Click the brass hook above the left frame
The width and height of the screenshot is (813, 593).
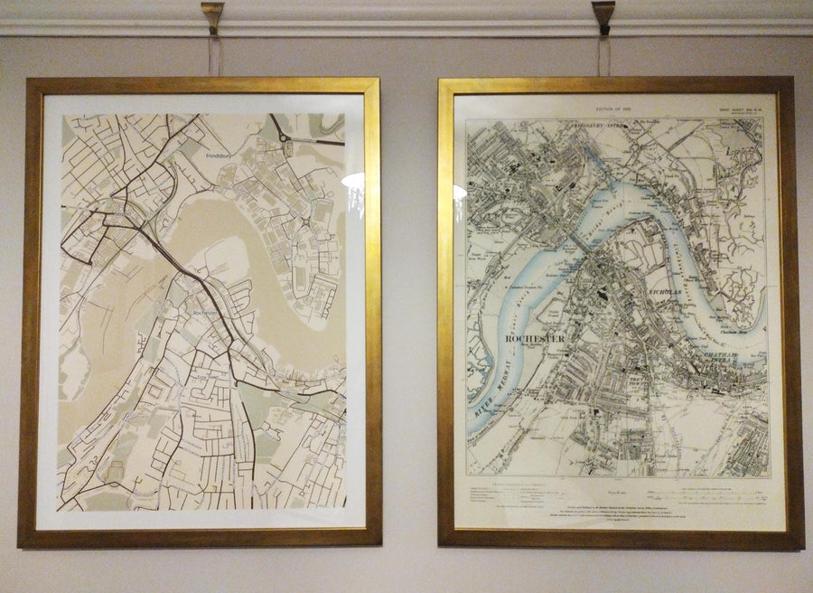pos(212,15)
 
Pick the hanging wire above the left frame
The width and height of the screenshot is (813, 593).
pos(213,54)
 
